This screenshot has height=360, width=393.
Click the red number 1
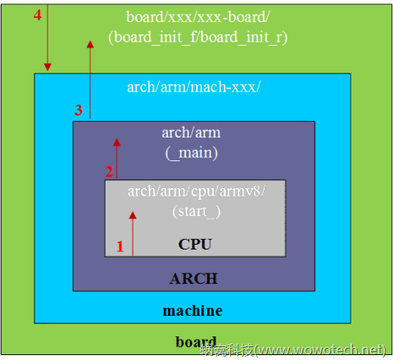coord(120,245)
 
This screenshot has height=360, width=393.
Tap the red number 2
coord(108,172)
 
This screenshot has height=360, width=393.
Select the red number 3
coord(79,110)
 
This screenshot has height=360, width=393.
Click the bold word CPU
coord(195,244)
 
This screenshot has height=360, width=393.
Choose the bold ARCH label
coord(193,278)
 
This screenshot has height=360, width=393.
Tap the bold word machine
coord(192,311)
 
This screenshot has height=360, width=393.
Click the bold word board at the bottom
coord(196,342)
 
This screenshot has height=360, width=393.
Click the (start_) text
coord(196,211)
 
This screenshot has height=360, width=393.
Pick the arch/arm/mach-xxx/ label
coord(194,87)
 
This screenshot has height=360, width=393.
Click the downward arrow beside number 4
coord(48,37)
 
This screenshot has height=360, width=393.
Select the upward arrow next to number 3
coord(90,82)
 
